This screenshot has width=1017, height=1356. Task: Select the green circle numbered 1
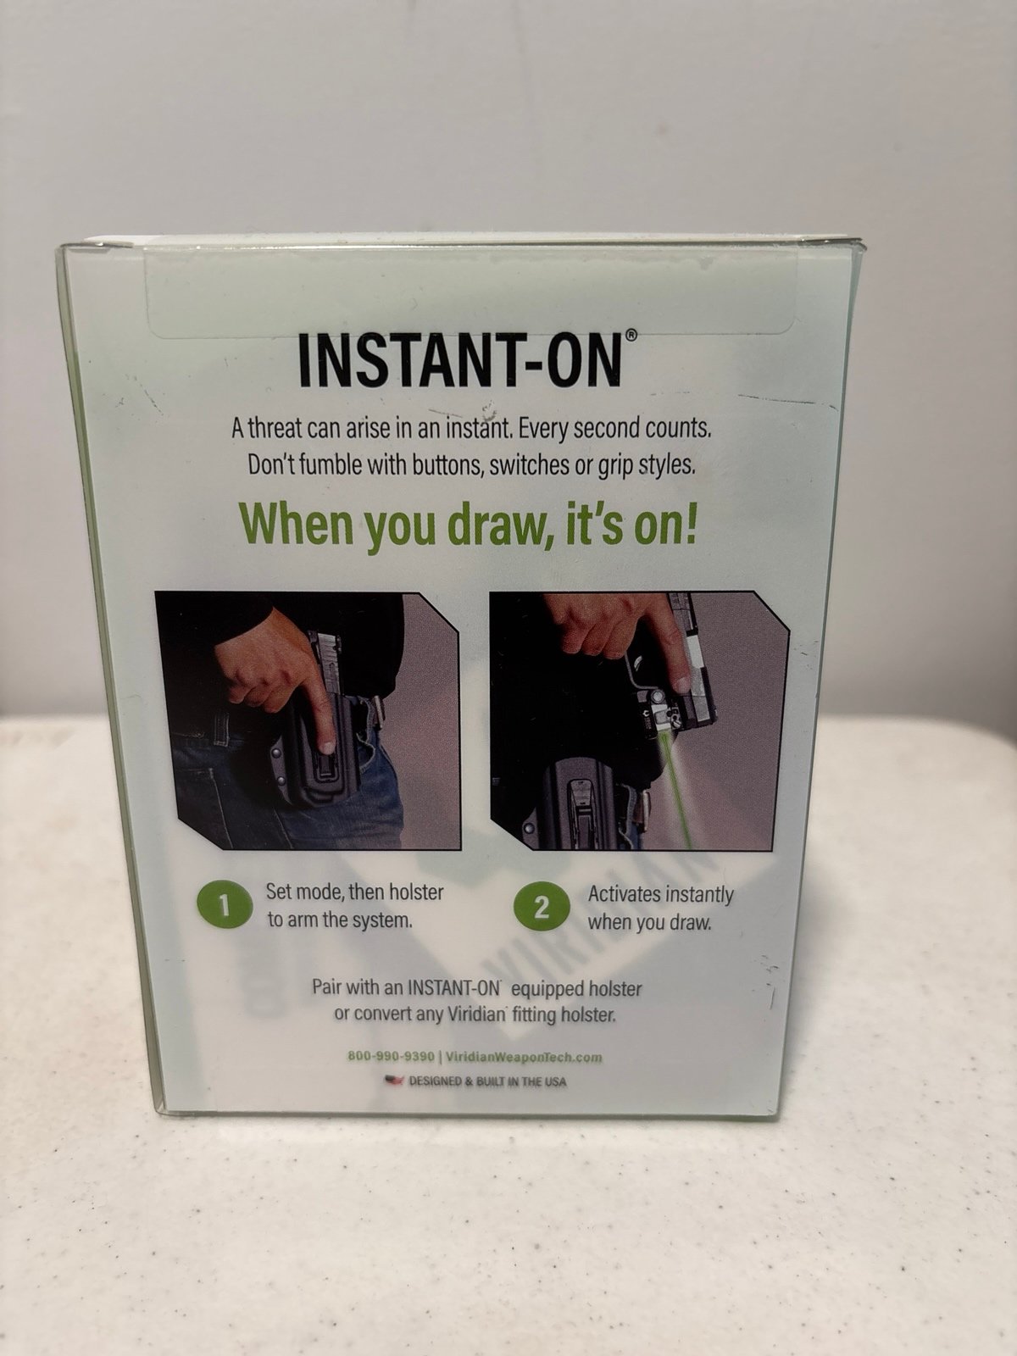click(x=224, y=906)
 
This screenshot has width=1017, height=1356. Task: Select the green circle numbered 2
click(x=541, y=908)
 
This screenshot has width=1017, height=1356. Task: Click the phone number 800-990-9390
click(x=391, y=1056)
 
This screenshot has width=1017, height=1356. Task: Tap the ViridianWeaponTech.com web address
click(x=523, y=1057)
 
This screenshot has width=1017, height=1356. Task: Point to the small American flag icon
click(x=393, y=1081)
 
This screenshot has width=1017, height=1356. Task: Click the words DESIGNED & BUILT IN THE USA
click(x=487, y=1081)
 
